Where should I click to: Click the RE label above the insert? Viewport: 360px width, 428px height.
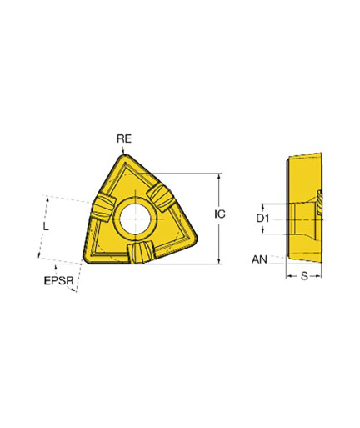(124, 138)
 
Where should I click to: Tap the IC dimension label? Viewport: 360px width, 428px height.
(220, 214)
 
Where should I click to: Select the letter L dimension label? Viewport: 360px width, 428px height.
(46, 226)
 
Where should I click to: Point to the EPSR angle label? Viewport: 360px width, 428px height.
(59, 280)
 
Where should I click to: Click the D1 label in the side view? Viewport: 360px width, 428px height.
(262, 219)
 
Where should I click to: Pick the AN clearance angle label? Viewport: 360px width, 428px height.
(259, 259)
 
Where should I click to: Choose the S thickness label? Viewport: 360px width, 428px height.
(304, 276)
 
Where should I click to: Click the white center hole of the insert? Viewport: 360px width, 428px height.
(135, 219)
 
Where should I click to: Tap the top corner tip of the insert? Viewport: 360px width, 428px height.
(123, 155)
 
